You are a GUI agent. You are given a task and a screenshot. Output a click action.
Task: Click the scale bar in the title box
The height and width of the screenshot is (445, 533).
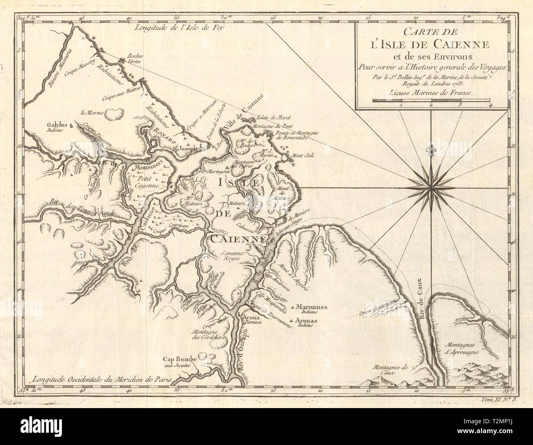431,99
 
